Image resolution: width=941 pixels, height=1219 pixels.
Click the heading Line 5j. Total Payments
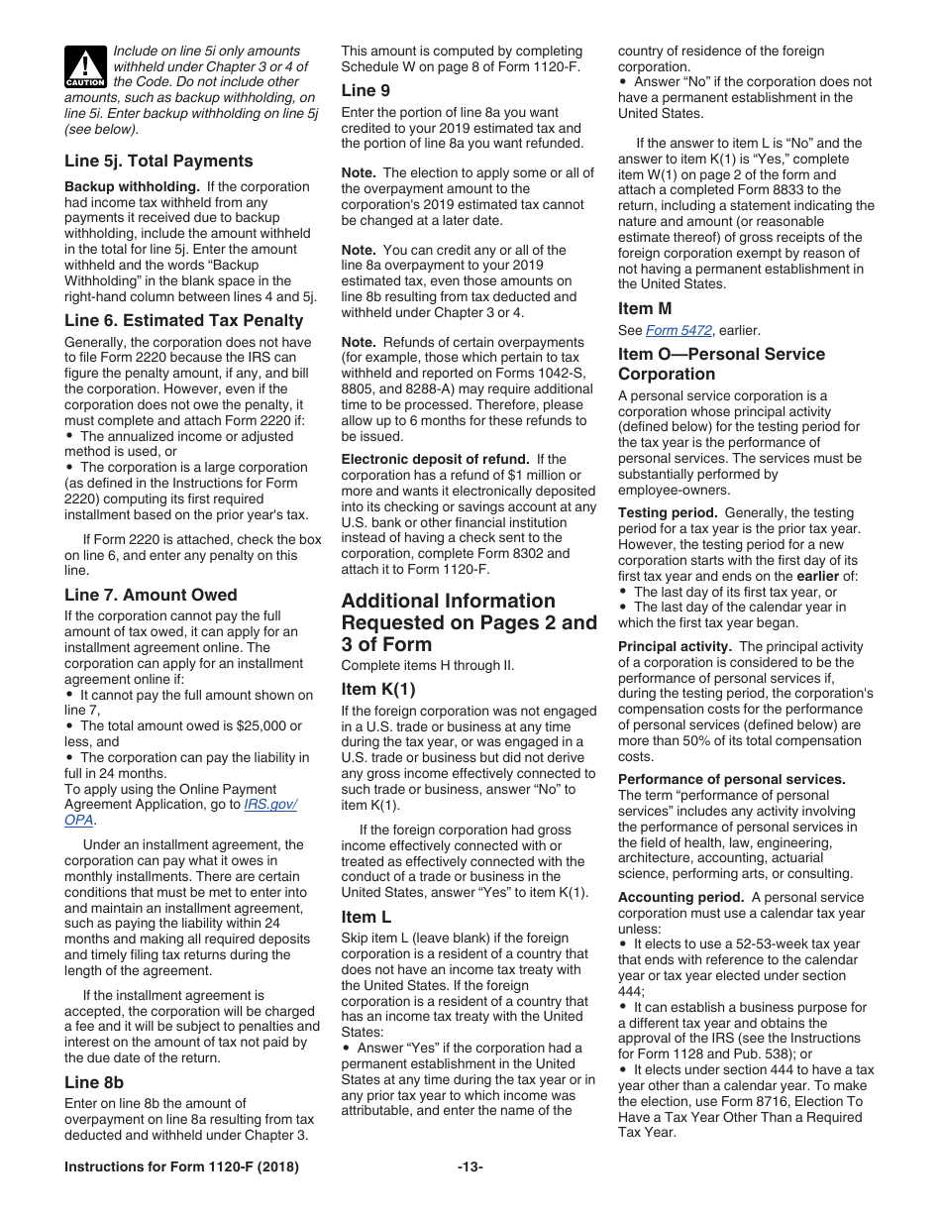158,161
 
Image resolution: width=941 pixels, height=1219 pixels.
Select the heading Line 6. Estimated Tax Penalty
183,320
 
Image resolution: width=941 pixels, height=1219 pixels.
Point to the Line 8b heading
94,1082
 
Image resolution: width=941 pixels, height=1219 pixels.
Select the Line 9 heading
359,90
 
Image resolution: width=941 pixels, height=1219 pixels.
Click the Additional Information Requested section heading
469,622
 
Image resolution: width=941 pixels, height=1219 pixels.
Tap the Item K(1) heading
378,689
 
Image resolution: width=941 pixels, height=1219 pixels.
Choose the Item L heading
366,917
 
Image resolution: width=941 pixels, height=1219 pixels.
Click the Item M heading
645,308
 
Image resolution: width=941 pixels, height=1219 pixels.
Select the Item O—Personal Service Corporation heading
721,364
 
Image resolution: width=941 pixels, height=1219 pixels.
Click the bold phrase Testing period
668,512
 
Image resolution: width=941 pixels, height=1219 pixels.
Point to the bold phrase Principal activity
675,646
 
